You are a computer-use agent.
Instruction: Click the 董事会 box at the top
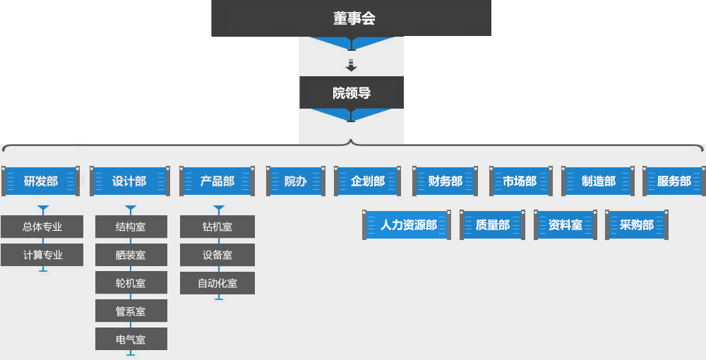[x=352, y=18]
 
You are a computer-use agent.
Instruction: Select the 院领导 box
[x=352, y=92]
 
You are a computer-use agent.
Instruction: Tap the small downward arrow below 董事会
[x=352, y=66]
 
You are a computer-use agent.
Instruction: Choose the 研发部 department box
[x=41, y=181]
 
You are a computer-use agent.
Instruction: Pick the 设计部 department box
[x=129, y=181]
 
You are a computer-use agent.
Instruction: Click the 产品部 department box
[x=217, y=181]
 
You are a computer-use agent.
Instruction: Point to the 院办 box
[x=295, y=181]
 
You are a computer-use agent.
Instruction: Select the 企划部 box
[x=368, y=181]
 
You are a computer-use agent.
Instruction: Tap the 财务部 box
[x=445, y=181]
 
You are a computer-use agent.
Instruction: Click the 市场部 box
[x=520, y=181]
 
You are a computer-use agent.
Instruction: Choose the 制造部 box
[x=599, y=181]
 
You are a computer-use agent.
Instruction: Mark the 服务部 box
[x=674, y=181]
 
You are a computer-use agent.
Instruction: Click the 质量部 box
[x=492, y=225]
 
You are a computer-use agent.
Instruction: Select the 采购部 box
[x=636, y=225]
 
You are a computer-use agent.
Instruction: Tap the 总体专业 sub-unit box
[x=42, y=227]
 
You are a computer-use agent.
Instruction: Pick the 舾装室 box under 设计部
[x=131, y=255]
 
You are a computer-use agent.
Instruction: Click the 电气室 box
[x=131, y=340]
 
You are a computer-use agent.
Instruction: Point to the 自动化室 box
[x=217, y=283]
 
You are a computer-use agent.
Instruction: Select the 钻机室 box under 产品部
[x=217, y=227]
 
